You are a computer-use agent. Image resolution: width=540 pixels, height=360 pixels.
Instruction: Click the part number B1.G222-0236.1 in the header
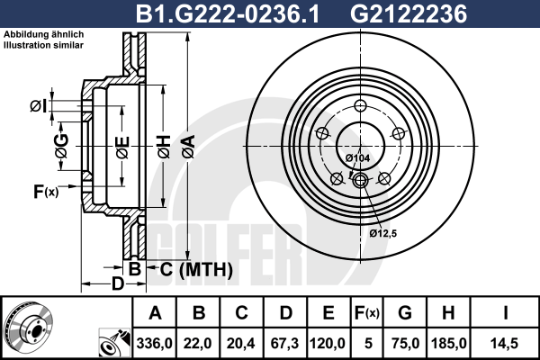click(x=228, y=14)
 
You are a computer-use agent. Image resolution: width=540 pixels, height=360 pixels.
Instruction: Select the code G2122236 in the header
click(x=409, y=14)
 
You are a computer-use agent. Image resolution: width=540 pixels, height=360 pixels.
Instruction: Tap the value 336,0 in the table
click(x=154, y=344)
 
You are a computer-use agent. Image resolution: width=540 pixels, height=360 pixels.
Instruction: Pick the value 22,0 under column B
click(x=198, y=344)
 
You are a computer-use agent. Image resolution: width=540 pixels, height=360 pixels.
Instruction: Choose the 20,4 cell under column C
click(x=241, y=344)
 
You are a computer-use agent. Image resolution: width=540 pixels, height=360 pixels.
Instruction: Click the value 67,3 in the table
click(x=284, y=344)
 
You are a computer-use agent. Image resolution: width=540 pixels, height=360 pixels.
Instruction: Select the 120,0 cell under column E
click(x=328, y=344)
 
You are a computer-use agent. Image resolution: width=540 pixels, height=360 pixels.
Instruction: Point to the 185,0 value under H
click(x=449, y=344)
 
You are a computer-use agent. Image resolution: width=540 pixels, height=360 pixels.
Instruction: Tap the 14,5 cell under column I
click(x=504, y=344)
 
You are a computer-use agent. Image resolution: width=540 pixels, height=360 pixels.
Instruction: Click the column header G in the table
click(x=405, y=313)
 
